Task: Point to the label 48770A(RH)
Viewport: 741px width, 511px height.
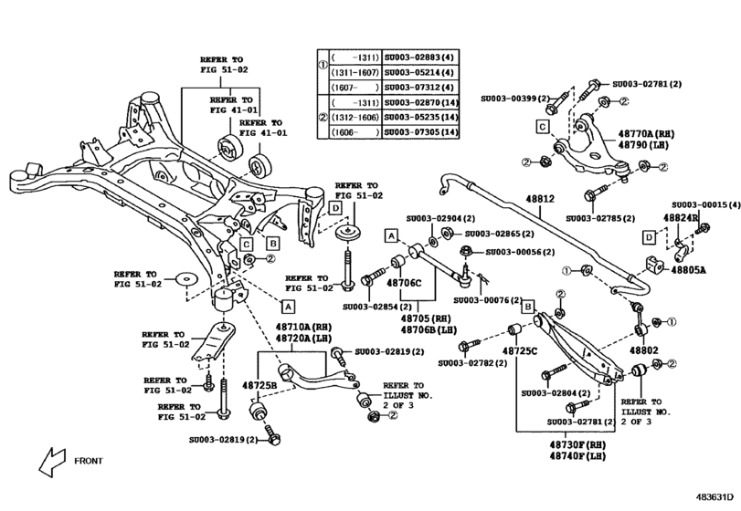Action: coord(645,132)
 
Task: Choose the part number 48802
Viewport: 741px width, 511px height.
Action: coord(642,350)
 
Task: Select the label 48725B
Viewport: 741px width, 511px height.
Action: coord(259,386)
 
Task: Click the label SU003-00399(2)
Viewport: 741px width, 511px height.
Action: coord(517,98)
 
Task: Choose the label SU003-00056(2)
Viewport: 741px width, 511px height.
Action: coord(517,251)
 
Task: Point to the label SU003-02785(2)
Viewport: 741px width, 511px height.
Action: coord(599,219)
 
